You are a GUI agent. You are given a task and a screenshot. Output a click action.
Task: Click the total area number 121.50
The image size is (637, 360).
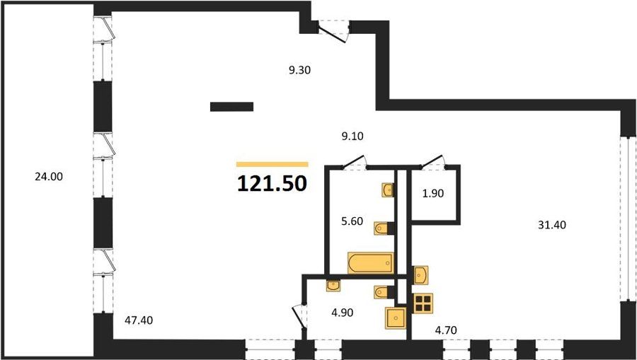[x=272, y=184]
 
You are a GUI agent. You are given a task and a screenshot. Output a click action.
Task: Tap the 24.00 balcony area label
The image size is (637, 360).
[x=49, y=177]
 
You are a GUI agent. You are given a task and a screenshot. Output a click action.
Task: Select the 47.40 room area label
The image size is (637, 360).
[x=139, y=320]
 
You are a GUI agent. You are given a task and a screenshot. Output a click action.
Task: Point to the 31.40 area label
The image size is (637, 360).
[x=552, y=225]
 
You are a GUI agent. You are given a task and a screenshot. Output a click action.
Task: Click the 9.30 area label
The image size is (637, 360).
[x=300, y=70]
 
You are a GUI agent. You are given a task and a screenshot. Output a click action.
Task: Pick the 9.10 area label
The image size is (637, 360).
[x=352, y=137]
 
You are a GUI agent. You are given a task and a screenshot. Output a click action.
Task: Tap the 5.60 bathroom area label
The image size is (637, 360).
[x=352, y=221]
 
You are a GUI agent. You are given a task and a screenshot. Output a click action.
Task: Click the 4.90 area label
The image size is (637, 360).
[x=342, y=313]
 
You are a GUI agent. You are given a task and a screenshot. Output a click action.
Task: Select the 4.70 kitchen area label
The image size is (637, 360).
[x=446, y=330]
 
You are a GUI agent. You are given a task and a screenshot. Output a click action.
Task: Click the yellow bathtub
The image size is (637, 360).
[x=371, y=263]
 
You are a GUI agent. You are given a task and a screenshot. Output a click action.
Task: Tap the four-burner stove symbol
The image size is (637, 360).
[x=423, y=303]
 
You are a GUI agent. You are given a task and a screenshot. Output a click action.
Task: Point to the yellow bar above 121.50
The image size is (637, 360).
[x=272, y=164]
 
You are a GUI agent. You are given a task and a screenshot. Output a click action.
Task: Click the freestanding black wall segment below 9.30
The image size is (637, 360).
[x=231, y=107]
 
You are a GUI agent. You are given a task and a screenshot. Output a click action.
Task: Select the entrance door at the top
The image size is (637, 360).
[x=333, y=32]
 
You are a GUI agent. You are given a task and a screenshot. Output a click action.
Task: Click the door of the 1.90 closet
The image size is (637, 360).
[x=432, y=161]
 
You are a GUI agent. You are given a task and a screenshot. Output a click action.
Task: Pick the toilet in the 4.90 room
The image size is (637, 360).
[x=383, y=292]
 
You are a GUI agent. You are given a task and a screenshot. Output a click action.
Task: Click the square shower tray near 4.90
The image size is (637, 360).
[x=396, y=318]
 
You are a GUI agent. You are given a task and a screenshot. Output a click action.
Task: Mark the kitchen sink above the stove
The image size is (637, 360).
[x=421, y=275]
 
